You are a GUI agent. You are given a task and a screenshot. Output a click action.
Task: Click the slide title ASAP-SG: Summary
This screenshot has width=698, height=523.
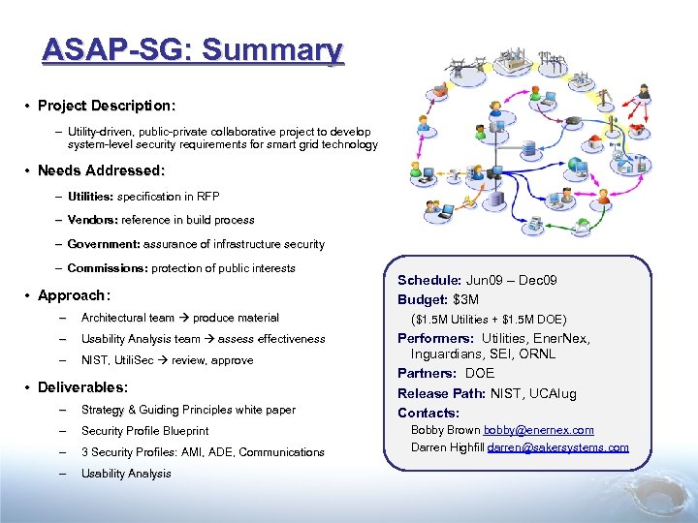pyautogui.click(x=192, y=50)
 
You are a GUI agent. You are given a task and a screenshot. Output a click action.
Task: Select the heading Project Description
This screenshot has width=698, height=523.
pyautogui.click(x=107, y=105)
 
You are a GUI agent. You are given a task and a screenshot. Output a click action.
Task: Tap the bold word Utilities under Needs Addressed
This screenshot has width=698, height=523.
pyautogui.click(x=90, y=197)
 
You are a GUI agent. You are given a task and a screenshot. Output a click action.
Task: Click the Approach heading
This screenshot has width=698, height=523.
pyautogui.click(x=74, y=295)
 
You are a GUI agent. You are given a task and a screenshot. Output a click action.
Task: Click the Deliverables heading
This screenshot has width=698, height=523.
pyautogui.click(x=82, y=387)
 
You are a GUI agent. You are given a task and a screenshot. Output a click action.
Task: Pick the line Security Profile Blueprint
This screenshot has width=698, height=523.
pyautogui.click(x=144, y=431)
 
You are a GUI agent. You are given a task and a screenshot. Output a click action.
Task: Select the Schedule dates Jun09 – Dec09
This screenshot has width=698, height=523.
pyautogui.click(x=511, y=280)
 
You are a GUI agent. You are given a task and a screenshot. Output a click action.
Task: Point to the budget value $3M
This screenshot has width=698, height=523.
pyautogui.click(x=465, y=299)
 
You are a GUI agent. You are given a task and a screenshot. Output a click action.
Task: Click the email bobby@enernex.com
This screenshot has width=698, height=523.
pyautogui.click(x=539, y=430)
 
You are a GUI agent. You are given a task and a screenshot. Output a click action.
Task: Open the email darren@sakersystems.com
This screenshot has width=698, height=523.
pyautogui.click(x=557, y=447)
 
